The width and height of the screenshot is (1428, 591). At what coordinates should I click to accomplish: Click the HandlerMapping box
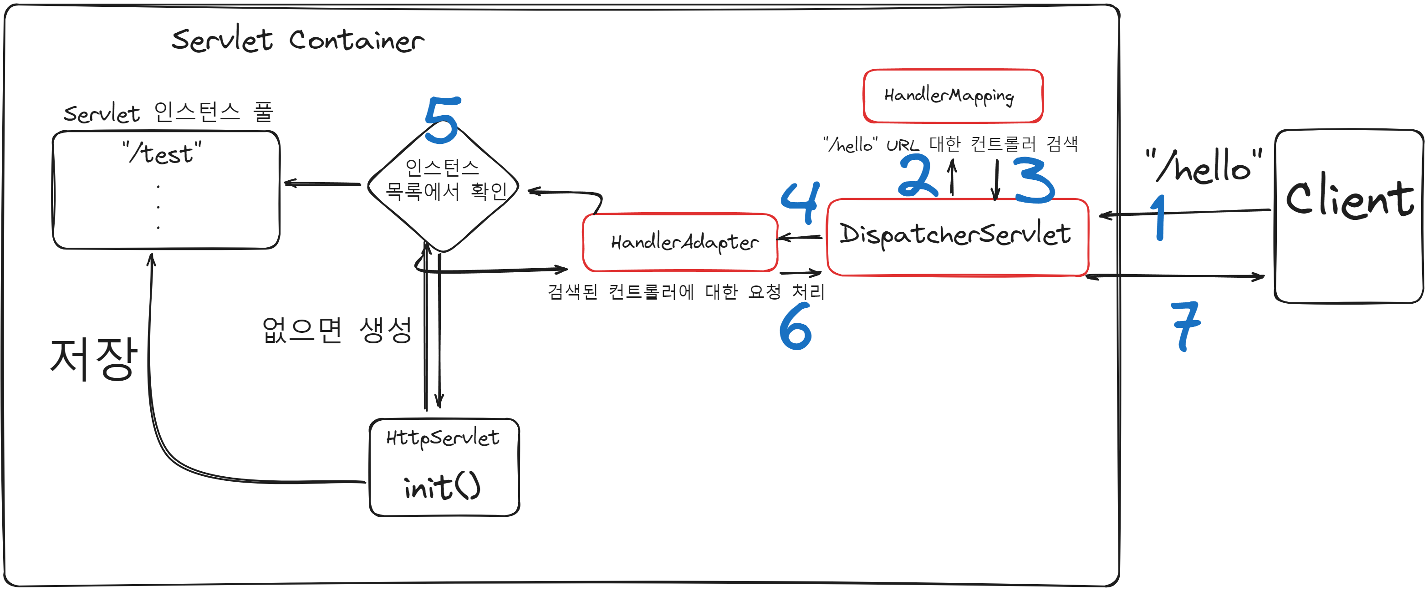[x=952, y=96]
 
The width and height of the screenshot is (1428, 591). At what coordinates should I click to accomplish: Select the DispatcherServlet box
[x=957, y=236]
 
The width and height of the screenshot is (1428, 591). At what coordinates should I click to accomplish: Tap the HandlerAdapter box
[x=681, y=242]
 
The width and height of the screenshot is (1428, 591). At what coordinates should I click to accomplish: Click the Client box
[x=1348, y=216]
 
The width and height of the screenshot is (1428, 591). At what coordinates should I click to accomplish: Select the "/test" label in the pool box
[x=162, y=153]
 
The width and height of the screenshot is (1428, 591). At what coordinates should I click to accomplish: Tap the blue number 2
[x=918, y=176]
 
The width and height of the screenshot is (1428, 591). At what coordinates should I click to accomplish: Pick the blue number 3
[x=1034, y=180]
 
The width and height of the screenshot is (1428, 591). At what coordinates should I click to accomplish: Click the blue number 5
[x=442, y=119]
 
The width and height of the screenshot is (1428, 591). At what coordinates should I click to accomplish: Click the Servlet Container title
[x=298, y=40]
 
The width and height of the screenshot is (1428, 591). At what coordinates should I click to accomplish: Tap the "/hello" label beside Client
[x=1204, y=166]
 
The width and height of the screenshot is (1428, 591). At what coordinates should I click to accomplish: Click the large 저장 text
[x=93, y=359]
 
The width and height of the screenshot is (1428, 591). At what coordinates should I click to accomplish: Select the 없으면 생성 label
[x=337, y=331]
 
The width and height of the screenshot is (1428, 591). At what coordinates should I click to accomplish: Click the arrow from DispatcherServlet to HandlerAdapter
[x=800, y=237]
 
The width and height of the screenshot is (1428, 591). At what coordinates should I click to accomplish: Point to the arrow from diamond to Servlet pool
[x=322, y=183]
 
